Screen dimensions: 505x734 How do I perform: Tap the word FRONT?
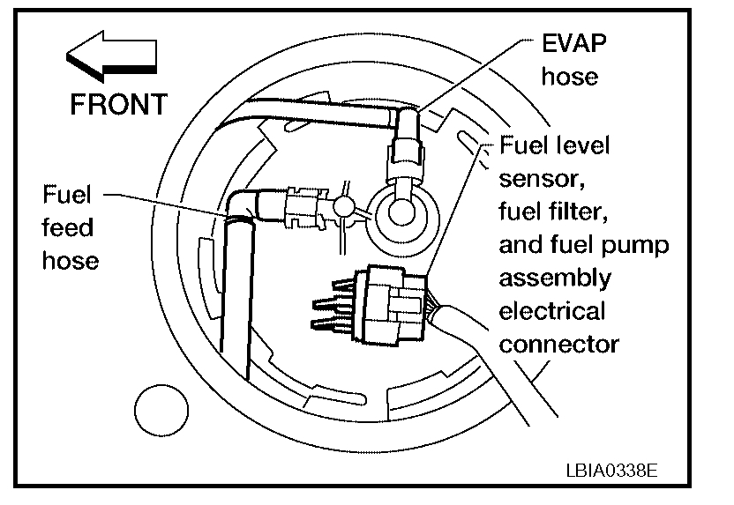(118, 104)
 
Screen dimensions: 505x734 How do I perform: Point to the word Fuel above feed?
(68, 194)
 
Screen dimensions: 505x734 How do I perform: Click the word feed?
(67, 227)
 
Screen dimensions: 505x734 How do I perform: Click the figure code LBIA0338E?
(611, 468)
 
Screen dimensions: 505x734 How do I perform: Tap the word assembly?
(555, 278)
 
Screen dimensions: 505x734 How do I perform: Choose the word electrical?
(552, 311)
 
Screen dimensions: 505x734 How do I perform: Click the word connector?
(558, 344)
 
